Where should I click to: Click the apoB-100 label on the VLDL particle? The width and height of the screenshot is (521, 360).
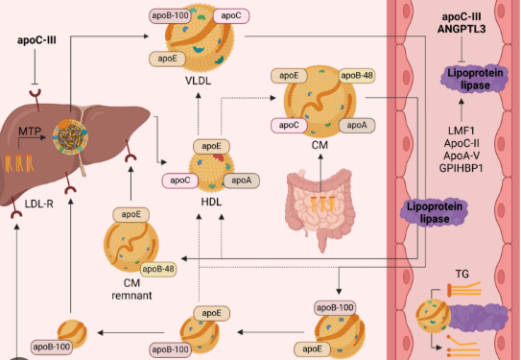170,15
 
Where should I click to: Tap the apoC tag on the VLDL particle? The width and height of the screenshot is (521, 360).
231,15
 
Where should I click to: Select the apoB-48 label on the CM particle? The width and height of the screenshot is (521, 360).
357,76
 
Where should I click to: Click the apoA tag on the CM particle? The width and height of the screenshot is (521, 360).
357,126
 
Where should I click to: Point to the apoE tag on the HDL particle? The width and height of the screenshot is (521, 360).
211,146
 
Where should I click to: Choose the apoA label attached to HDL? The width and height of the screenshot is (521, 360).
242,180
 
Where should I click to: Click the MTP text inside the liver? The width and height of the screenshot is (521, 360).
29,132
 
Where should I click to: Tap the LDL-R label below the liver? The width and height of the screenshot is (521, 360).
39,204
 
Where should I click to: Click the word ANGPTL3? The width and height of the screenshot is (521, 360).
462,29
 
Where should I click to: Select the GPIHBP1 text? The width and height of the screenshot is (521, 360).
462,168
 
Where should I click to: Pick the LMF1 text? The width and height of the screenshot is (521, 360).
462,131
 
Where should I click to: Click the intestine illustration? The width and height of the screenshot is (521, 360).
320,207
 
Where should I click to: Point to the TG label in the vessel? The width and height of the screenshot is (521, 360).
462,274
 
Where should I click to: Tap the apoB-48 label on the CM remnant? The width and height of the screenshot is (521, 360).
158,269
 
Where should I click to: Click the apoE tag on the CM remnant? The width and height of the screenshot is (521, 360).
130,214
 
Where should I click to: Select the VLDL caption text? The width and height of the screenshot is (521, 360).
198,81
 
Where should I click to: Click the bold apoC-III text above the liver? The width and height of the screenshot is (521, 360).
36,40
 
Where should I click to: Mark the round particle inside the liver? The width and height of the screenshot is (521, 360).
70,137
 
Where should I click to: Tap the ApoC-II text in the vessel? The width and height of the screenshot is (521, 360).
462,143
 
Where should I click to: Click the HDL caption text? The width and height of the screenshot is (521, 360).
211,202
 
